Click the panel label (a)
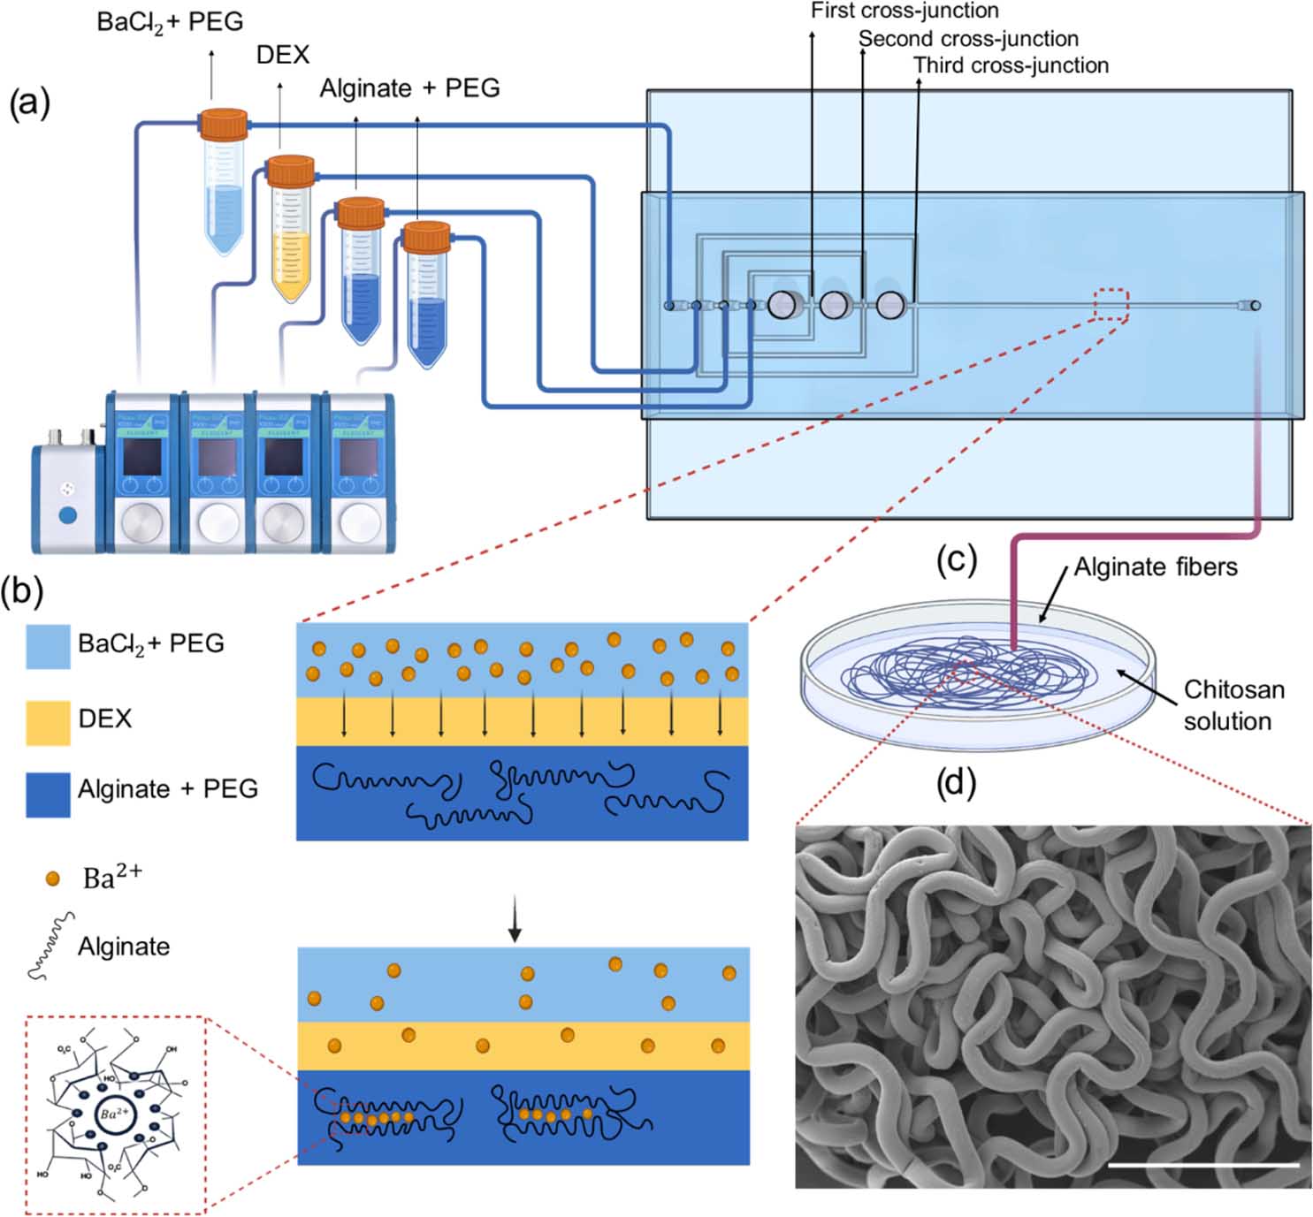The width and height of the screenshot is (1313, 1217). pos(29,103)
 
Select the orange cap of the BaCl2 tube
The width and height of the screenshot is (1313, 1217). pos(223,125)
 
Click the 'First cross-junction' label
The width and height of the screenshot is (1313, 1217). pos(905,11)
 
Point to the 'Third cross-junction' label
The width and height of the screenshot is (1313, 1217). pos(1011,65)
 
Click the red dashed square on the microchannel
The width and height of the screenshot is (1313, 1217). pos(1111,305)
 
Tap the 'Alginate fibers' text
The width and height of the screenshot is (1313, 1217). pos(1155,567)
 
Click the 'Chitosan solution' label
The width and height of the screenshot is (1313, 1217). pos(1233,705)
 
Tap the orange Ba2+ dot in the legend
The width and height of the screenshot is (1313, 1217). pos(53,879)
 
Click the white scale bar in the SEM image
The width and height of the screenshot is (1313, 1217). pos(1202,1165)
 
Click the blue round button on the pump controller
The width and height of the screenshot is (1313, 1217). pos(67,515)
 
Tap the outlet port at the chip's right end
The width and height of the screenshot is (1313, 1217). pos(1256,306)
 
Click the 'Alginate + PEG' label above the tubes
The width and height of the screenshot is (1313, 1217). pos(409,88)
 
